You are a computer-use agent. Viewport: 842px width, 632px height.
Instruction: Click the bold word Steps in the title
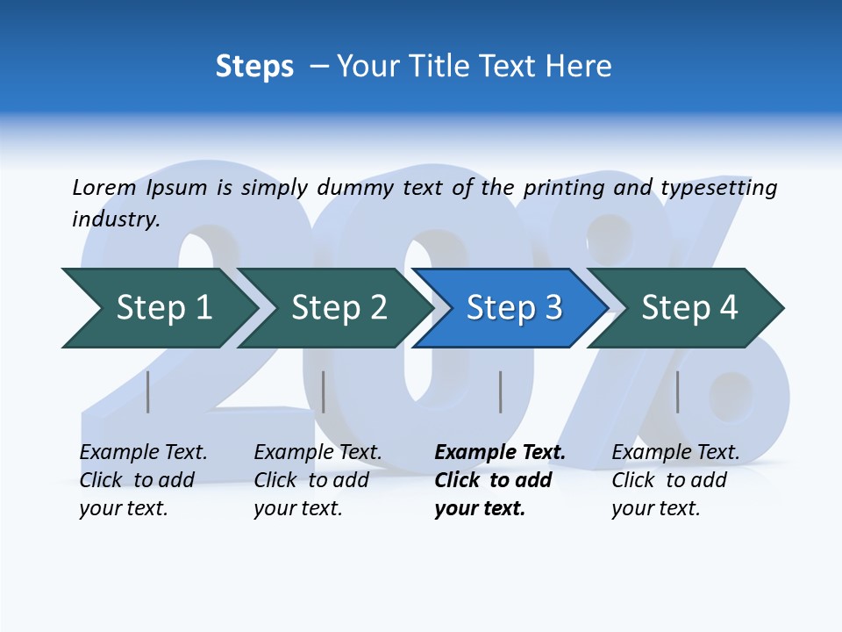tap(254, 67)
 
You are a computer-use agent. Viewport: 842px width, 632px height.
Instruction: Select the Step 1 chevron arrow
tap(158, 308)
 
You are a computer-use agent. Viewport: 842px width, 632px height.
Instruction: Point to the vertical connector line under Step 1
tap(148, 391)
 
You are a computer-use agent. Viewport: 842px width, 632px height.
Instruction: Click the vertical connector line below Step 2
tap(324, 391)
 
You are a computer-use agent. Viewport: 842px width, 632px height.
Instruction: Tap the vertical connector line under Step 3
tap(500, 391)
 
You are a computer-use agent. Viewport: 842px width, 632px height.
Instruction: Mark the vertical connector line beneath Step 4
tap(677, 391)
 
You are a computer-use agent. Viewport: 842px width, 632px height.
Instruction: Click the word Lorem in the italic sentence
tap(103, 188)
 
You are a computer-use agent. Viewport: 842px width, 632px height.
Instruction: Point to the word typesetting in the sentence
tap(718, 188)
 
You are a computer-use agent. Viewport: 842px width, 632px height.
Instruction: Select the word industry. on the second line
tap(116, 219)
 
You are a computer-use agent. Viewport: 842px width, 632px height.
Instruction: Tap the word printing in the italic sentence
tap(563, 188)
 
